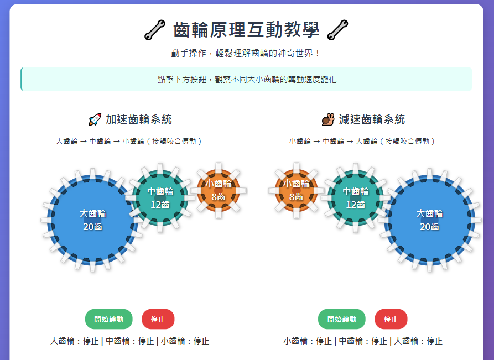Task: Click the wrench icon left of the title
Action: pos(155,30)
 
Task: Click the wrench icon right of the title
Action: pos(337,30)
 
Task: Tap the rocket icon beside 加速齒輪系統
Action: pos(95,119)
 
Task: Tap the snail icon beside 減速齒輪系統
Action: pos(328,119)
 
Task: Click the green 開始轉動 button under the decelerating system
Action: pos(341,319)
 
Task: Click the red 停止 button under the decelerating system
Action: pos(391,319)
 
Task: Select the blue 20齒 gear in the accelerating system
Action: pos(92,220)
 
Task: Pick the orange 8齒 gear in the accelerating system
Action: pos(218,190)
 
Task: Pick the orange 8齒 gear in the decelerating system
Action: pos(296,190)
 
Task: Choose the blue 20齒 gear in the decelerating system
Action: pos(429,220)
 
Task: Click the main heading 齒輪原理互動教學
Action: pos(246,30)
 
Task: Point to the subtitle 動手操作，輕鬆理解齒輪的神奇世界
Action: pos(246,53)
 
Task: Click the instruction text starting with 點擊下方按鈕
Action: pos(247,79)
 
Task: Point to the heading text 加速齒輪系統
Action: pos(138,119)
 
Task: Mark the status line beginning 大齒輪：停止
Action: pos(129,341)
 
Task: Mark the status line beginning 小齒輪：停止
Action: pos(363,341)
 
